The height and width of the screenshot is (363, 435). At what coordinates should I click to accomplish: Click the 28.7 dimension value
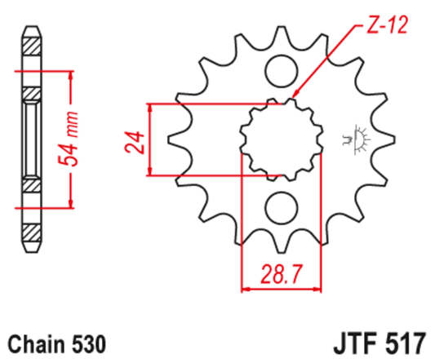(x=282, y=272)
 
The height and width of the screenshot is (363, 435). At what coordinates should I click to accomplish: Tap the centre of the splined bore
(x=280, y=138)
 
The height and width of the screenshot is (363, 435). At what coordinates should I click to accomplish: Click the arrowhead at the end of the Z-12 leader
(x=291, y=101)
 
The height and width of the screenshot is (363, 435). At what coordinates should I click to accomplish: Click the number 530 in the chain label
(x=87, y=340)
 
